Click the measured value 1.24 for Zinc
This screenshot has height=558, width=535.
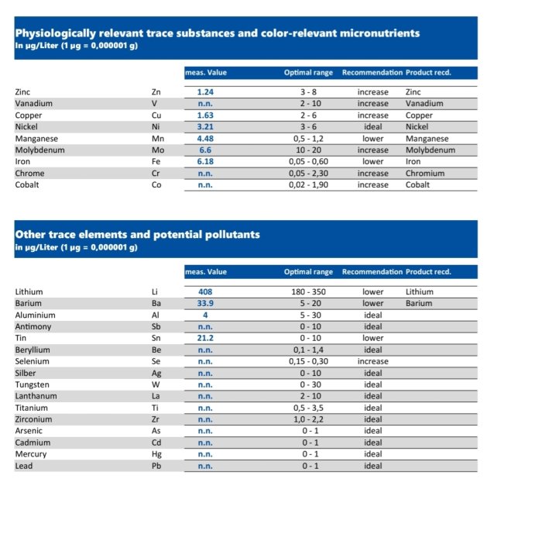coord(205,92)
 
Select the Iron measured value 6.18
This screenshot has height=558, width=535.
coord(205,162)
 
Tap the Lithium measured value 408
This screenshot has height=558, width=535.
coord(205,292)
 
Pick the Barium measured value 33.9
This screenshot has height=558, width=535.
coord(205,304)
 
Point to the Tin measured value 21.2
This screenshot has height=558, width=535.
coord(205,339)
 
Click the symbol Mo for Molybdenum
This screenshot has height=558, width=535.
coord(158,150)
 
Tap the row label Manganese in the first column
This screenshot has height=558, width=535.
coord(35,139)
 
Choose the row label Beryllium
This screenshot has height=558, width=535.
coord(33,350)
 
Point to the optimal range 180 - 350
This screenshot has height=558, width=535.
coord(308,292)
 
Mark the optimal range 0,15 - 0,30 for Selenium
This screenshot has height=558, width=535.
coord(308,362)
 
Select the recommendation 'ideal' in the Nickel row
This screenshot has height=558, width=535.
coord(372,127)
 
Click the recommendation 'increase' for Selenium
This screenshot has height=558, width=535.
coord(372,362)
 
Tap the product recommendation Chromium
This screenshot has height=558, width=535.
coord(425,174)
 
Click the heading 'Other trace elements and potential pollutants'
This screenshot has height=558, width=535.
coord(138,234)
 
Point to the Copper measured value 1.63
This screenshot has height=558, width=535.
coord(205,115)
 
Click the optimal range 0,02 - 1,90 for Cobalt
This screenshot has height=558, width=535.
coord(308,185)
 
